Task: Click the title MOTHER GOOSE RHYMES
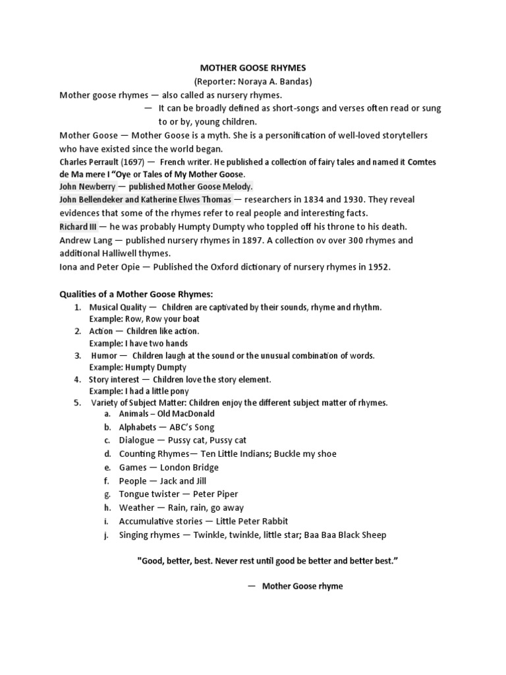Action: pyautogui.click(x=253, y=68)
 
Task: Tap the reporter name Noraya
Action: pyautogui.click(x=250, y=81)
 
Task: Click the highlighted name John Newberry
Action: pyautogui.click(x=87, y=187)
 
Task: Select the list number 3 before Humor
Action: pyautogui.click(x=77, y=355)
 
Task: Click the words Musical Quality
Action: pyautogui.click(x=113, y=308)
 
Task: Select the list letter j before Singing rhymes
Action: pyautogui.click(x=106, y=535)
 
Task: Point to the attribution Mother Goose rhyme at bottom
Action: pyautogui.click(x=302, y=586)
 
